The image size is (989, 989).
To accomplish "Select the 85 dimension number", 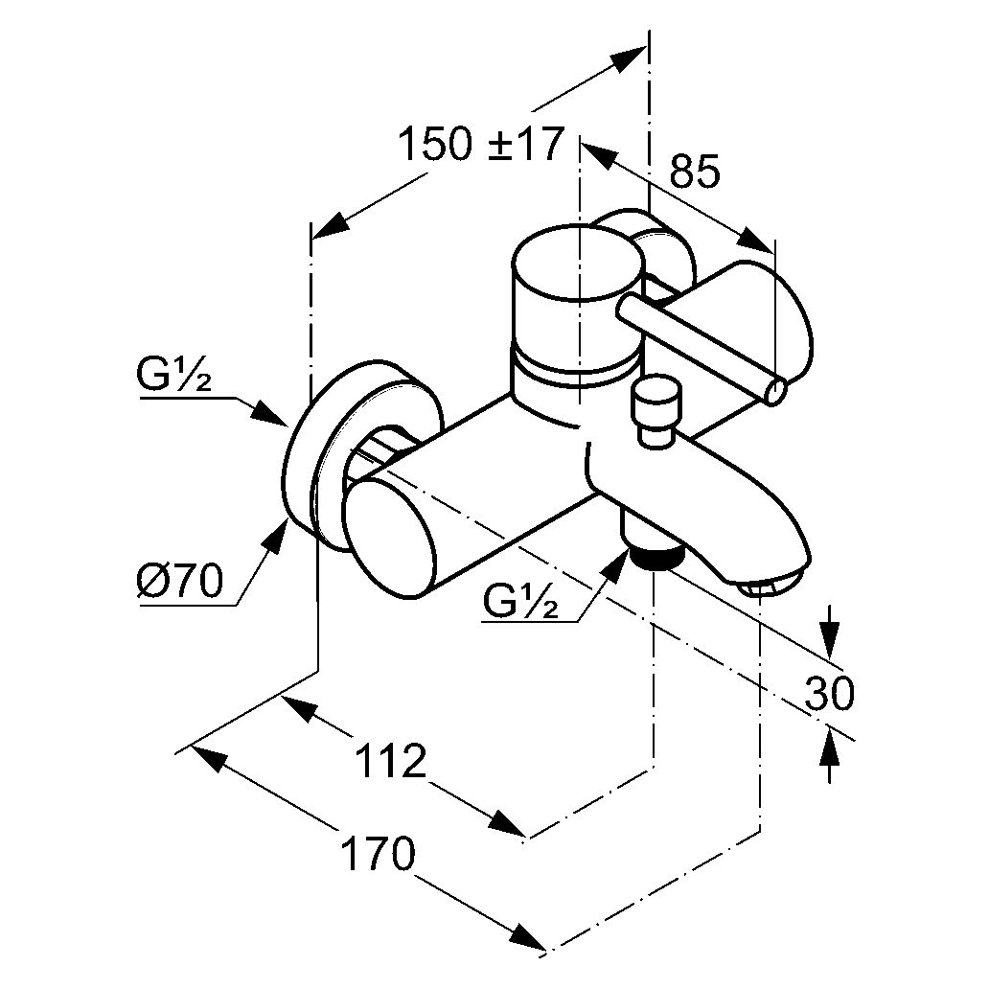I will pyautogui.click(x=693, y=172).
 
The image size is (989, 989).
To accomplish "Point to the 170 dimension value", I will pyautogui.click(x=379, y=855).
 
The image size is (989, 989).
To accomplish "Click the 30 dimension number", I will pyautogui.click(x=829, y=694).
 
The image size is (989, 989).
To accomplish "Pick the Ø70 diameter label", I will pyautogui.click(x=179, y=581).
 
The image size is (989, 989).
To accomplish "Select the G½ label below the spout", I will pyautogui.click(x=521, y=602).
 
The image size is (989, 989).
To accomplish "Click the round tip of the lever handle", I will pyautogui.click(x=777, y=390).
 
